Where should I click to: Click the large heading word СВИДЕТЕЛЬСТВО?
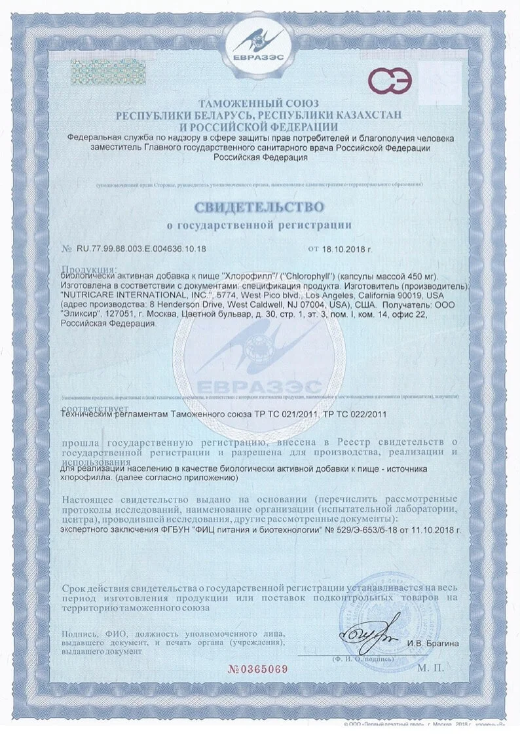coord(259,207)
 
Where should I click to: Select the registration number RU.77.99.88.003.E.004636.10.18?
coord(141,249)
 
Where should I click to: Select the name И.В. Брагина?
coord(432,643)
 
